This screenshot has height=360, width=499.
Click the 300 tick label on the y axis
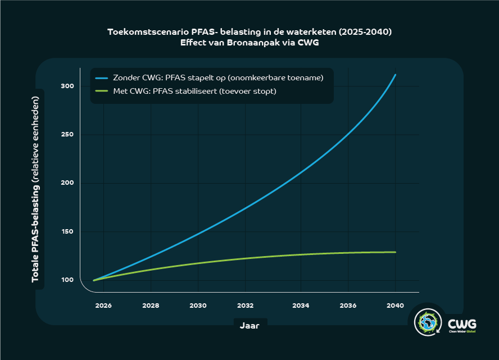pos(67,86)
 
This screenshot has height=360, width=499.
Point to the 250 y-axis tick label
pos(67,135)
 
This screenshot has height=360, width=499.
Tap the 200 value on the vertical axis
pos(67,183)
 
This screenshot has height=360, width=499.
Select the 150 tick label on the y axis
pos(67,232)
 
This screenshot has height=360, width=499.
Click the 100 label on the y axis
pos(67,280)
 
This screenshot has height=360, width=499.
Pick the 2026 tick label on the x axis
pos(103,306)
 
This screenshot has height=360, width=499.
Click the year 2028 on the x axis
pos(151,306)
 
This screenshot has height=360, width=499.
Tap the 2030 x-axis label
pos(198,306)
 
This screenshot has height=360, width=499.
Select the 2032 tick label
pos(245,306)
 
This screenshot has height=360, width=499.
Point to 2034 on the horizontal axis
pos(301,306)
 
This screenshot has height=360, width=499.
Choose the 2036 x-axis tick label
pos(348,306)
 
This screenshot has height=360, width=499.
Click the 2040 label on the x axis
pos(396,306)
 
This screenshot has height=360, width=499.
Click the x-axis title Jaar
pos(249,325)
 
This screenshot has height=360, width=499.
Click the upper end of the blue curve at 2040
pos(396,75)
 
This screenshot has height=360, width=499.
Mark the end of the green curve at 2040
pos(396,252)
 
